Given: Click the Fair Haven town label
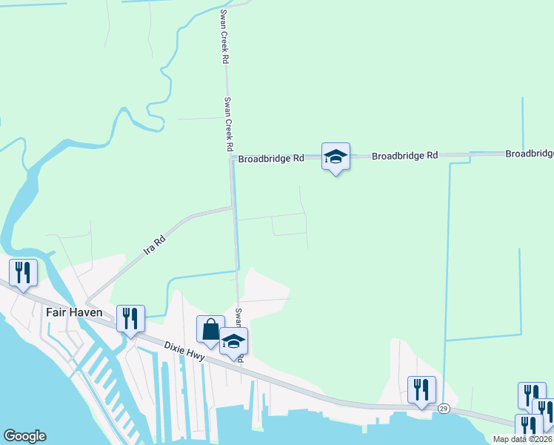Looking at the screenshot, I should pyautogui.click(x=73, y=312).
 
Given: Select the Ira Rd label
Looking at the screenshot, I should pyautogui.click(x=155, y=244).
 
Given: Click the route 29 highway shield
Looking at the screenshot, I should pyautogui.click(x=444, y=408).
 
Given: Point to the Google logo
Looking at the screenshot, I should pyautogui.click(x=24, y=436).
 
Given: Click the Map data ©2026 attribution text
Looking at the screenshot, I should pyautogui.click(x=522, y=439).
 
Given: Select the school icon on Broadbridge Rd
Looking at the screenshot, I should pyautogui.click(x=336, y=156).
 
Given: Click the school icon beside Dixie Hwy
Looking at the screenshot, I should pyautogui.click(x=233, y=342).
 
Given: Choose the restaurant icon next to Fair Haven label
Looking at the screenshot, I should pyautogui.click(x=131, y=318).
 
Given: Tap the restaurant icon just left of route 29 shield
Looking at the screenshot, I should pyautogui.click(x=421, y=389).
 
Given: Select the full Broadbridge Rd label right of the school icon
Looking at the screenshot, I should pyautogui.click(x=404, y=156).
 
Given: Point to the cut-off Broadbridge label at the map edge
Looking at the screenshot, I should pyautogui.click(x=530, y=154).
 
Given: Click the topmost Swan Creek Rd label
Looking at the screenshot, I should pyautogui.click(x=222, y=37).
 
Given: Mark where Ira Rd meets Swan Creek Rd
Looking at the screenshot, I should pyautogui.click(x=234, y=208).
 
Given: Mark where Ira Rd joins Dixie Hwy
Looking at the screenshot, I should pyautogui.click(x=87, y=302).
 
